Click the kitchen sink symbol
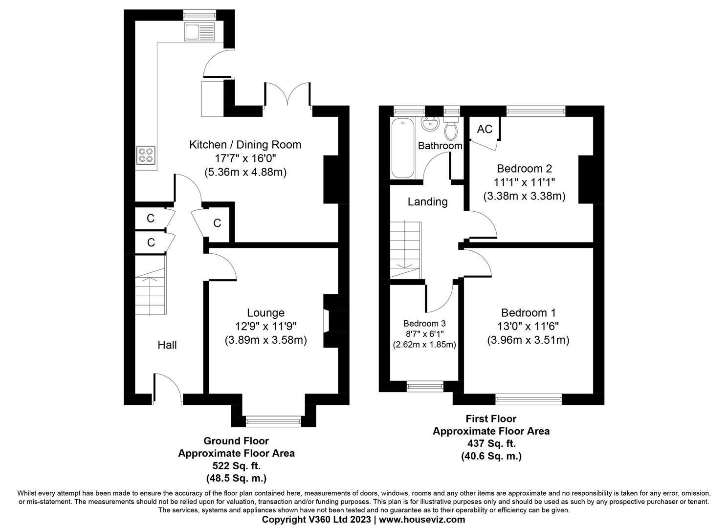(x=199, y=32)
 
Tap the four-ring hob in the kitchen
(x=146, y=154)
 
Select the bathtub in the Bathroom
(x=403, y=148)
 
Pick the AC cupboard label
(x=485, y=129)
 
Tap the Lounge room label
(x=265, y=313)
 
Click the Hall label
(x=167, y=345)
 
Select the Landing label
(x=428, y=201)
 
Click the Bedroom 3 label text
(x=424, y=324)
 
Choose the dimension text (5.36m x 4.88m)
(x=245, y=172)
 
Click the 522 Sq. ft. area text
(x=236, y=465)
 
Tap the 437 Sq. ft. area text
(x=491, y=443)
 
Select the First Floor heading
(x=491, y=419)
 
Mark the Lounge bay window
(x=274, y=418)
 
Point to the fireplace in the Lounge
(x=327, y=321)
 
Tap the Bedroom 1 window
(x=529, y=399)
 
